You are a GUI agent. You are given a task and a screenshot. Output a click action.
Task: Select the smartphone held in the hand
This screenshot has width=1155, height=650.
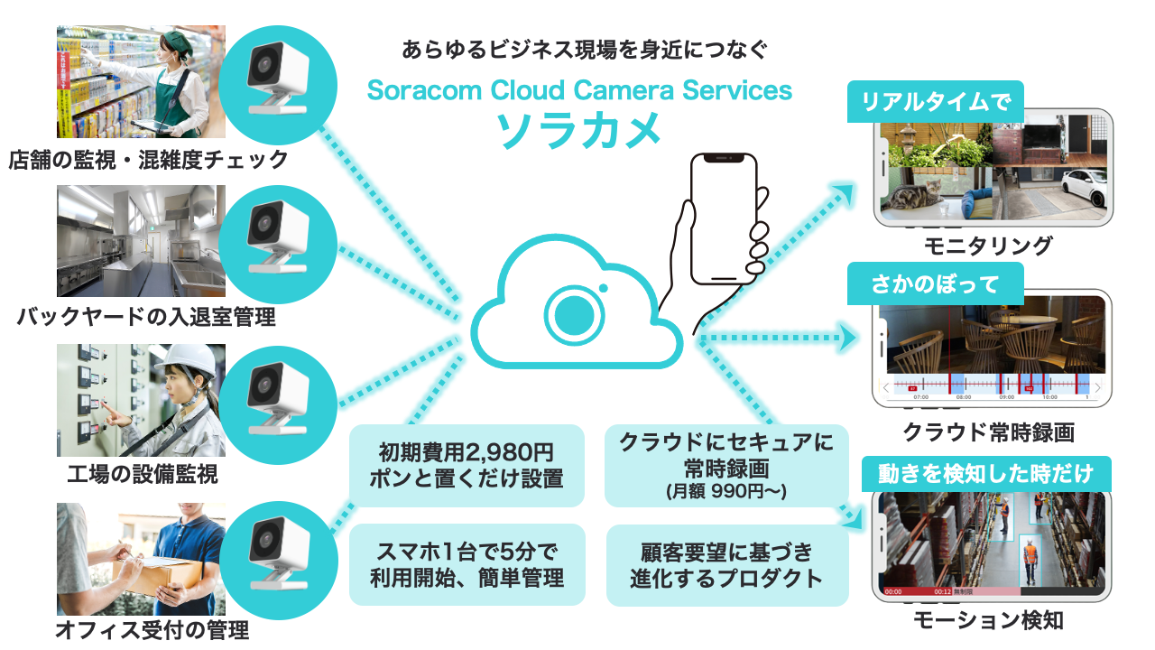[723, 218]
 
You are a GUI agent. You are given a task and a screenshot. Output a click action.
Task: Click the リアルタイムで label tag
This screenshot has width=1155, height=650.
[935, 101]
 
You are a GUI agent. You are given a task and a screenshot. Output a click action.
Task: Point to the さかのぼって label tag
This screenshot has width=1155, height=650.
[935, 283]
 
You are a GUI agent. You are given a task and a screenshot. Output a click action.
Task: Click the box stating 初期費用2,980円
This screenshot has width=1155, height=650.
[467, 465]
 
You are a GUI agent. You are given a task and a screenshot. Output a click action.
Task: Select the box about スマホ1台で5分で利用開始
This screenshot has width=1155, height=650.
[467, 564]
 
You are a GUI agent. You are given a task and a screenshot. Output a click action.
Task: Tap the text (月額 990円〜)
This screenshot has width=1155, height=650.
[726, 492]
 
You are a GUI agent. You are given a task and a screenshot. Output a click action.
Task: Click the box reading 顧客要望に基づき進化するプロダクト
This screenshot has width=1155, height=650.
[726, 564]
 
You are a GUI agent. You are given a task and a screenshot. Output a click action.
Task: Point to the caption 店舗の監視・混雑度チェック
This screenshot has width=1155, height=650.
[149, 160]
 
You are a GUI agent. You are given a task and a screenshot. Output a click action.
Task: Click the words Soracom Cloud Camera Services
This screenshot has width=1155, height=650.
[579, 90]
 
